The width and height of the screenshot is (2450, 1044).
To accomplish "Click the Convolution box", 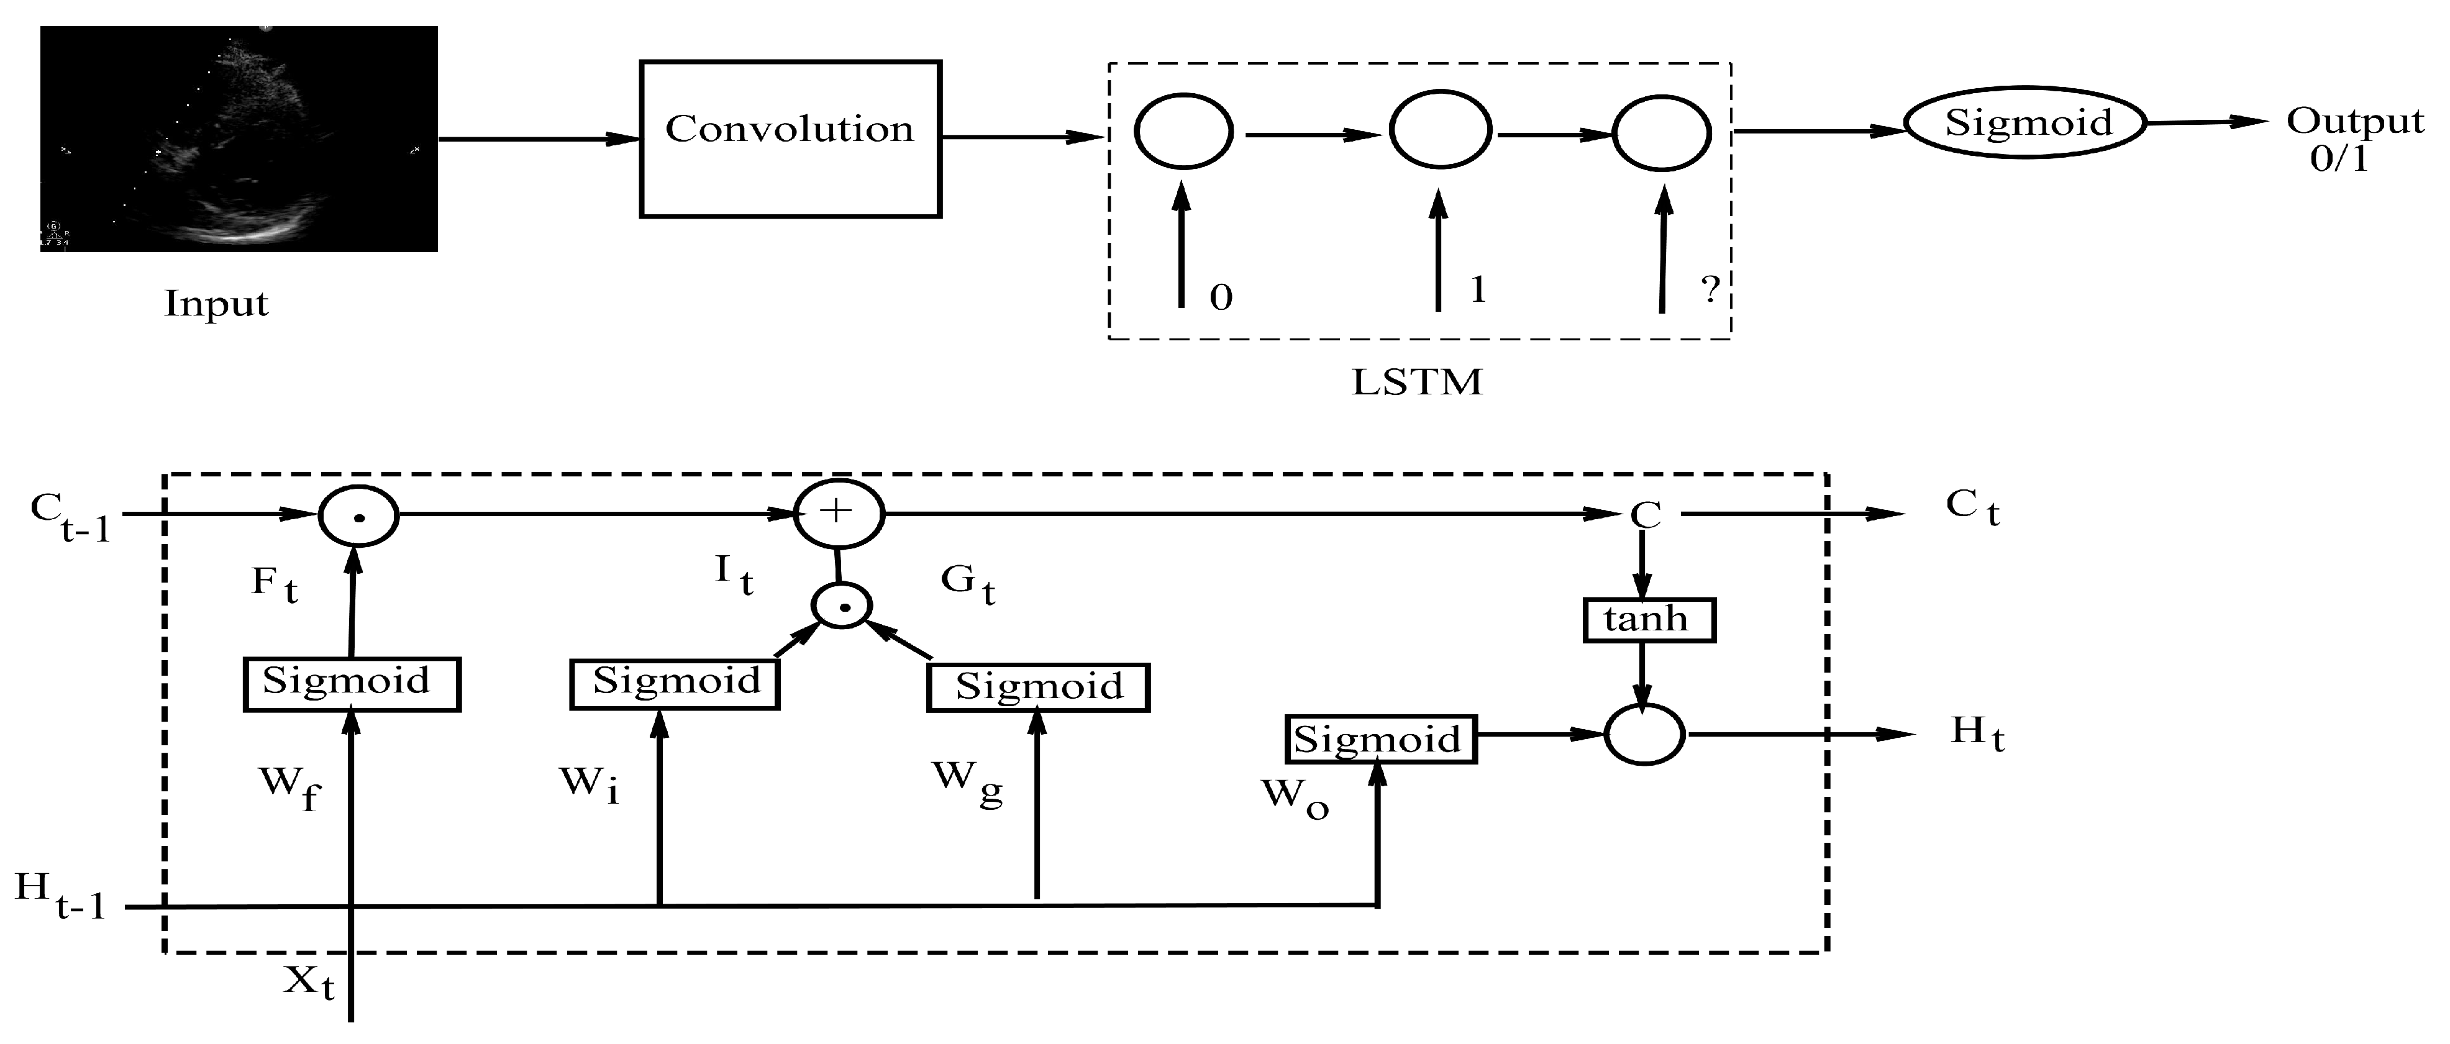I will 790,139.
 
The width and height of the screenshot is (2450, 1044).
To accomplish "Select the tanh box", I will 1648,620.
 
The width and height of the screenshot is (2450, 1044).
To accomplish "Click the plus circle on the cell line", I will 839,514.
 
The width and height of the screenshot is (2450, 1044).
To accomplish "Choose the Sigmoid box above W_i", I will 675,683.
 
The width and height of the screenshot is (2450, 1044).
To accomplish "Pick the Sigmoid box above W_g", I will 1037,686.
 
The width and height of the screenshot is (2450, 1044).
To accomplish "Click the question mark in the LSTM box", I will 1709,289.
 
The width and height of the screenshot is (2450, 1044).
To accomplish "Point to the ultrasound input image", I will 239,139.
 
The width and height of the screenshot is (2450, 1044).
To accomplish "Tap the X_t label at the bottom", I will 309,981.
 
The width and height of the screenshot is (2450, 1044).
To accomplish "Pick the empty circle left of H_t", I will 1644,734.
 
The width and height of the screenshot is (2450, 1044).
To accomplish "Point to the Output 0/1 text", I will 2354,138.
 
